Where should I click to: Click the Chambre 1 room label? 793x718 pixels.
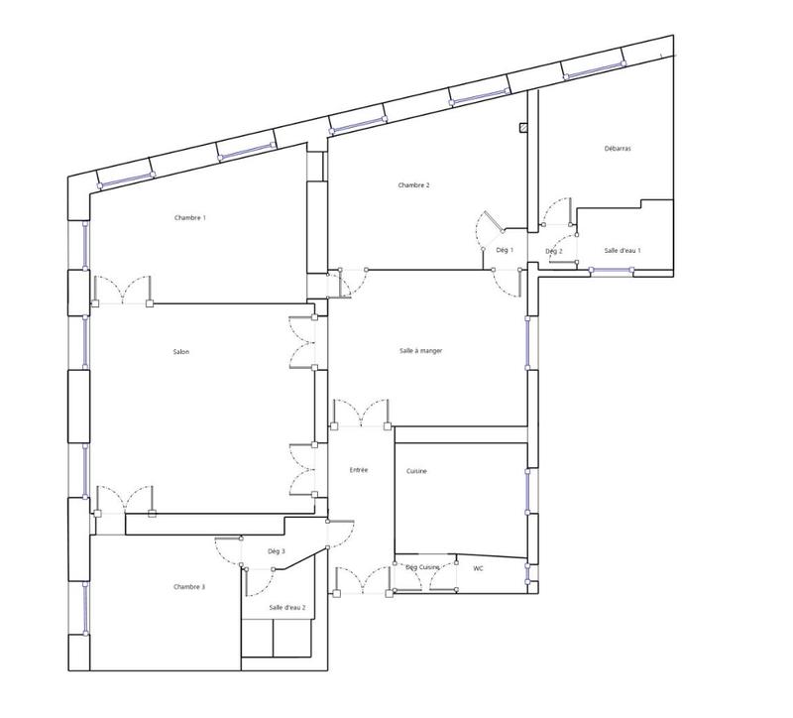pyautogui.click(x=190, y=217)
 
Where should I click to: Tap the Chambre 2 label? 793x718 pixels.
pyautogui.click(x=413, y=185)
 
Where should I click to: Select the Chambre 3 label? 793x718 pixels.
pyautogui.click(x=189, y=587)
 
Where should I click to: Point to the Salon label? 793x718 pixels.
pyautogui.click(x=180, y=352)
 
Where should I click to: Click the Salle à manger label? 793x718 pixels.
pyautogui.click(x=420, y=351)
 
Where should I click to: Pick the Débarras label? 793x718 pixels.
pyautogui.click(x=618, y=149)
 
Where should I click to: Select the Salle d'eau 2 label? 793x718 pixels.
pyautogui.click(x=287, y=607)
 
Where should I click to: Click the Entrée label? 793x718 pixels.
pyautogui.click(x=359, y=469)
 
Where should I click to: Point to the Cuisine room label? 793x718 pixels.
pyautogui.click(x=416, y=471)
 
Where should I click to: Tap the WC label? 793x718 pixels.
pyautogui.click(x=477, y=568)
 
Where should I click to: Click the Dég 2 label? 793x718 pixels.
pyautogui.click(x=554, y=251)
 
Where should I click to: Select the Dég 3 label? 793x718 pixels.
pyautogui.click(x=277, y=551)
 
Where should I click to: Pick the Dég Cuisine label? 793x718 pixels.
pyautogui.click(x=422, y=567)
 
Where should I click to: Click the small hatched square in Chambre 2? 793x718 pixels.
pyautogui.click(x=521, y=128)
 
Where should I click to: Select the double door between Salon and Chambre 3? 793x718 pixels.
pyautogui.click(x=125, y=502)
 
